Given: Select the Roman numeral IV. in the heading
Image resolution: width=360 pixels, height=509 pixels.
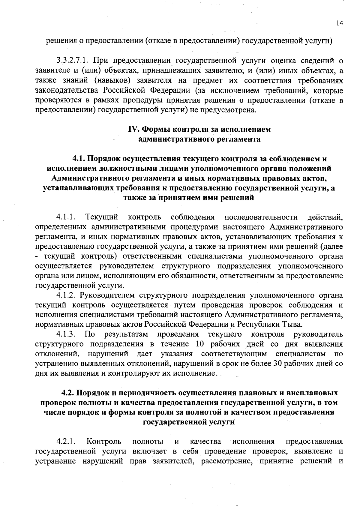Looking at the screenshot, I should (133, 129).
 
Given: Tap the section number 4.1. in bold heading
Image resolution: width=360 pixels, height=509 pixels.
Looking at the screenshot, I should (79, 159).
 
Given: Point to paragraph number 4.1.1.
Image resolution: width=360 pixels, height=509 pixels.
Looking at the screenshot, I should (65, 217).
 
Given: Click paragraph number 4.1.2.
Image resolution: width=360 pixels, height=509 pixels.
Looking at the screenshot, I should (65, 295).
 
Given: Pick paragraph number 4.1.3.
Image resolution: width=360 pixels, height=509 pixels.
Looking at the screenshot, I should (65, 334).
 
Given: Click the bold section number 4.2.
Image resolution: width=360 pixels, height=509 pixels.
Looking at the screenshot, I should (68, 393).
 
